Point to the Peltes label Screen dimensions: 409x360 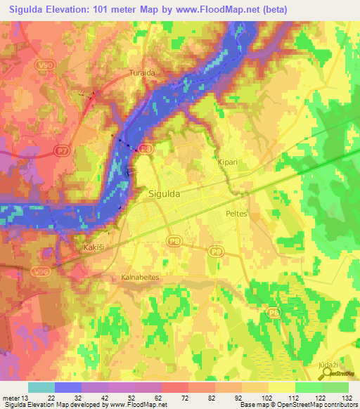(237, 213)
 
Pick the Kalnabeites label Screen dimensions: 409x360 (140, 277)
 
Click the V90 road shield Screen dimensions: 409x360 (44, 64)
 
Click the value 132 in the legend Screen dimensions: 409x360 (345, 398)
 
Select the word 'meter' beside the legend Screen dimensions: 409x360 (10, 398)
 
